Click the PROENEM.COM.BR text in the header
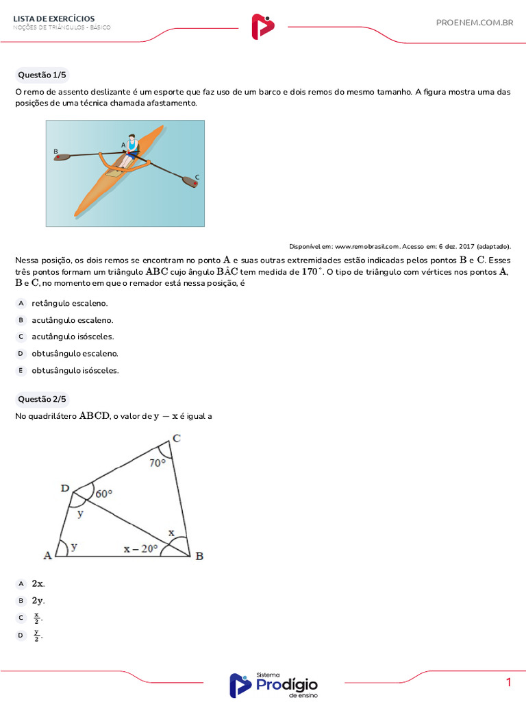(x=474, y=23)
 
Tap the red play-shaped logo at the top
(x=262, y=27)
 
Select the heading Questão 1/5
(x=42, y=75)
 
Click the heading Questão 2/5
(x=42, y=399)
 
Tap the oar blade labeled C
(x=189, y=182)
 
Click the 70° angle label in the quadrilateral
(x=158, y=463)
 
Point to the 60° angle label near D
(x=104, y=493)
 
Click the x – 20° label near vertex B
(x=140, y=548)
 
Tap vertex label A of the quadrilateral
(x=48, y=555)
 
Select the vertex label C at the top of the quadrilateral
(x=176, y=439)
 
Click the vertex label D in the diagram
(x=65, y=488)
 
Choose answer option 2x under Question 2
(x=38, y=583)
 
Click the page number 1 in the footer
(x=509, y=682)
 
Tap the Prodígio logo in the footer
(x=273, y=685)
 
